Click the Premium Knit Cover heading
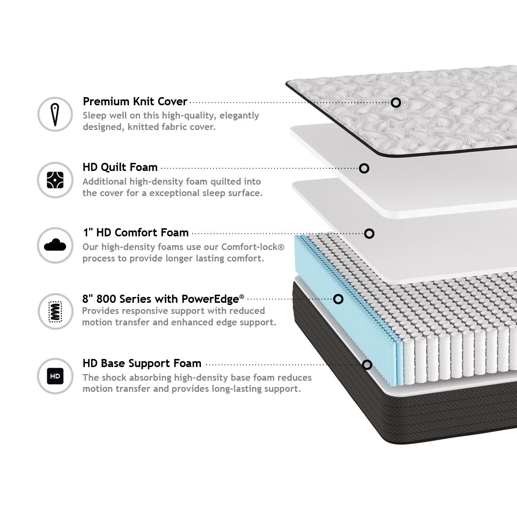[x=135, y=102]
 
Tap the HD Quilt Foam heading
[x=120, y=167]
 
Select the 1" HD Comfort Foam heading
[x=136, y=233]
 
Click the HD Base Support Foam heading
[x=142, y=363]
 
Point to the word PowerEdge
[x=210, y=299]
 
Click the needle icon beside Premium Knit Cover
[x=55, y=114]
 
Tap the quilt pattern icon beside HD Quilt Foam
[x=55, y=180]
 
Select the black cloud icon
[x=55, y=245]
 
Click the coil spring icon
[x=55, y=311]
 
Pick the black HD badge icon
[x=55, y=376]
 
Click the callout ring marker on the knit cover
[x=396, y=103]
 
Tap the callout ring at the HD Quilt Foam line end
[x=364, y=168]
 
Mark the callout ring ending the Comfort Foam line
[x=369, y=234]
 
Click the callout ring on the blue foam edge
[x=338, y=299]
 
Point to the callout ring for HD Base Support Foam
[x=367, y=365]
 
